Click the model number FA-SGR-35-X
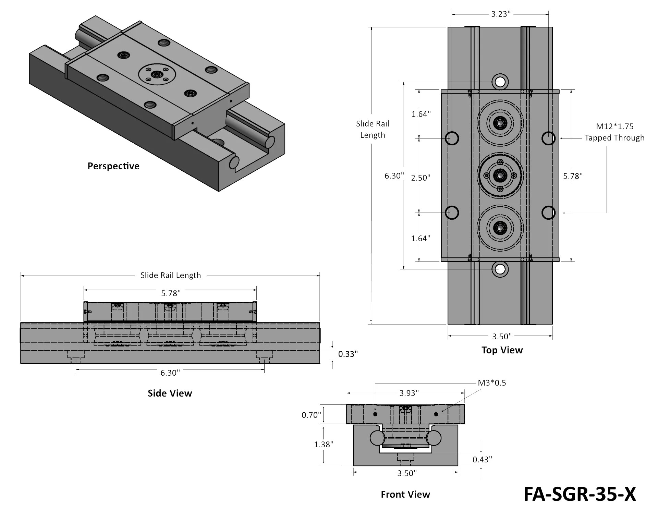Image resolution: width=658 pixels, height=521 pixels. coord(580,494)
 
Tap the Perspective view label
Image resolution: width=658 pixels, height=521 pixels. coord(113,166)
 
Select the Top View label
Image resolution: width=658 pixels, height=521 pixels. coord(502,350)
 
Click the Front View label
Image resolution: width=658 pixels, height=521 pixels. coord(405,494)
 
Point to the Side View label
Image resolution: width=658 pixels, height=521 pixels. coord(170,393)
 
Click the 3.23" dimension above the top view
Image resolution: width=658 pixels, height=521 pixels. coord(500,14)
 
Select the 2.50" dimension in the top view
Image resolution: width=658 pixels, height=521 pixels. coord(421,178)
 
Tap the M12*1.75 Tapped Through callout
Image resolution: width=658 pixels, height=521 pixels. coord(614,132)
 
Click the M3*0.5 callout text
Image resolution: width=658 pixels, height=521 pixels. coord(492,383)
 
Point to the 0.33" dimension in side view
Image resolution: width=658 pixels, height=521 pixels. coord(348,354)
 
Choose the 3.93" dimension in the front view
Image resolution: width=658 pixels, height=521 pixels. coord(409,393)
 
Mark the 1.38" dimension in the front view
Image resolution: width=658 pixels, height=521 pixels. coord(324,445)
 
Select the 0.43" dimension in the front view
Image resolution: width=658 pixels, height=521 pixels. coord(482,459)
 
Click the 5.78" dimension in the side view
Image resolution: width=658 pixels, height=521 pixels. coord(171,293)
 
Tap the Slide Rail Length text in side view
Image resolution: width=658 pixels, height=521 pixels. coord(171,275)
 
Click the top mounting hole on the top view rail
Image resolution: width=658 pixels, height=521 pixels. coord(500,82)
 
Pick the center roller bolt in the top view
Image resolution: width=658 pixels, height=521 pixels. coord(500,175)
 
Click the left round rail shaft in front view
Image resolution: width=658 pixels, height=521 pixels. coord(377,438)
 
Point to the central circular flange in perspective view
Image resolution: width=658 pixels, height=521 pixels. coord(157,73)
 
